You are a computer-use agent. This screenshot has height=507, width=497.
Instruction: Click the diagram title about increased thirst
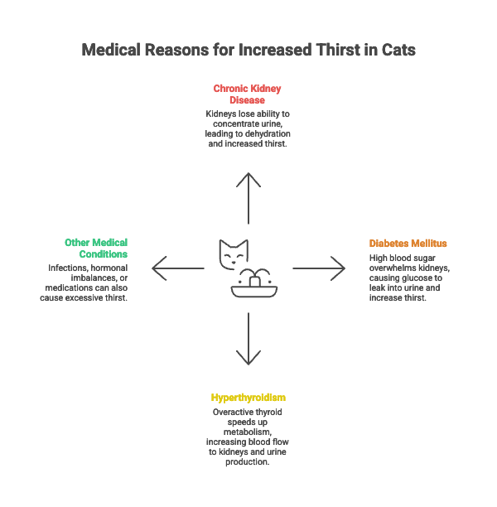(x=248, y=51)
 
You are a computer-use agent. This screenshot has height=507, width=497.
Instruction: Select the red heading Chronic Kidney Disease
(x=248, y=93)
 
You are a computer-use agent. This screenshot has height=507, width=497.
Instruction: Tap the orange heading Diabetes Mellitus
(x=408, y=244)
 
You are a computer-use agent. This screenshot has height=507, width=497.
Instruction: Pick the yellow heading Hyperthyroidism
(x=248, y=398)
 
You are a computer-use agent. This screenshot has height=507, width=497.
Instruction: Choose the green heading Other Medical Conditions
(x=96, y=248)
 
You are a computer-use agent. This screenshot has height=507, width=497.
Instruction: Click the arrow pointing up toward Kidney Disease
(x=248, y=199)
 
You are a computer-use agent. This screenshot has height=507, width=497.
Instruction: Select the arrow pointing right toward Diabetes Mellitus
(x=319, y=268)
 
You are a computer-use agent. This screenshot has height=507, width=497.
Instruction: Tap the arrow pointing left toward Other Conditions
(x=177, y=268)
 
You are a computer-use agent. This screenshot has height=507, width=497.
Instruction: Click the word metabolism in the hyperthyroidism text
(x=248, y=432)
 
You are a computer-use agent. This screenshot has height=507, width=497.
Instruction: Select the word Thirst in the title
(x=335, y=51)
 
